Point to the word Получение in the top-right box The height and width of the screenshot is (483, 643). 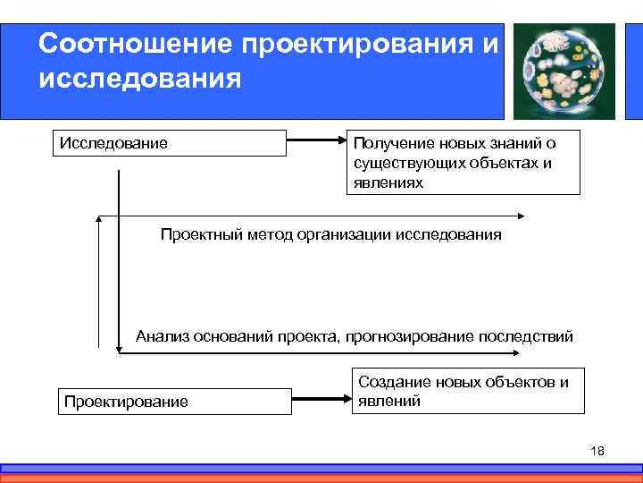pyautogui.click(x=394, y=143)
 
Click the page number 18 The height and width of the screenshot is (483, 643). pyautogui.click(x=597, y=450)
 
